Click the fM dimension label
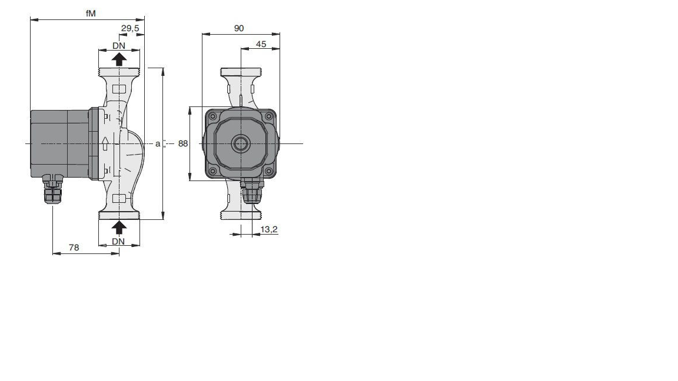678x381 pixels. [x=91, y=14]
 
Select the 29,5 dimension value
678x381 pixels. [x=130, y=28]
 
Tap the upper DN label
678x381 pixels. [x=119, y=46]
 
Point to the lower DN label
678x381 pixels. [x=118, y=242]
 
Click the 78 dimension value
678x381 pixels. [x=74, y=248]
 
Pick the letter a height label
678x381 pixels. [x=158, y=143]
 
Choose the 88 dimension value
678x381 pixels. [x=183, y=143]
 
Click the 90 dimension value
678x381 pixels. [x=239, y=28]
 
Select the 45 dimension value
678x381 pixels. [x=261, y=44]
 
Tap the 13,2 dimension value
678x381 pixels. [x=268, y=229]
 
